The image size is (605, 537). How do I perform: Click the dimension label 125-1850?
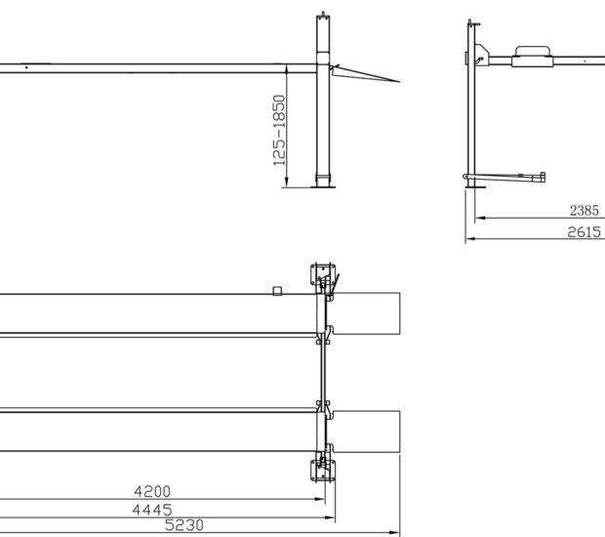click(x=279, y=129)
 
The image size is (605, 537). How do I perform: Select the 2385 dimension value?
click(x=586, y=208)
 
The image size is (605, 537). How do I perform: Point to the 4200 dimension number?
click(x=154, y=491)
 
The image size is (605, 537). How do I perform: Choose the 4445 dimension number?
click(x=154, y=509)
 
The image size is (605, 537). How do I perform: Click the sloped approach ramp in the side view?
click(x=366, y=74)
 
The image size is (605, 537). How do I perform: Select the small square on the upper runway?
click(x=277, y=290)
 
